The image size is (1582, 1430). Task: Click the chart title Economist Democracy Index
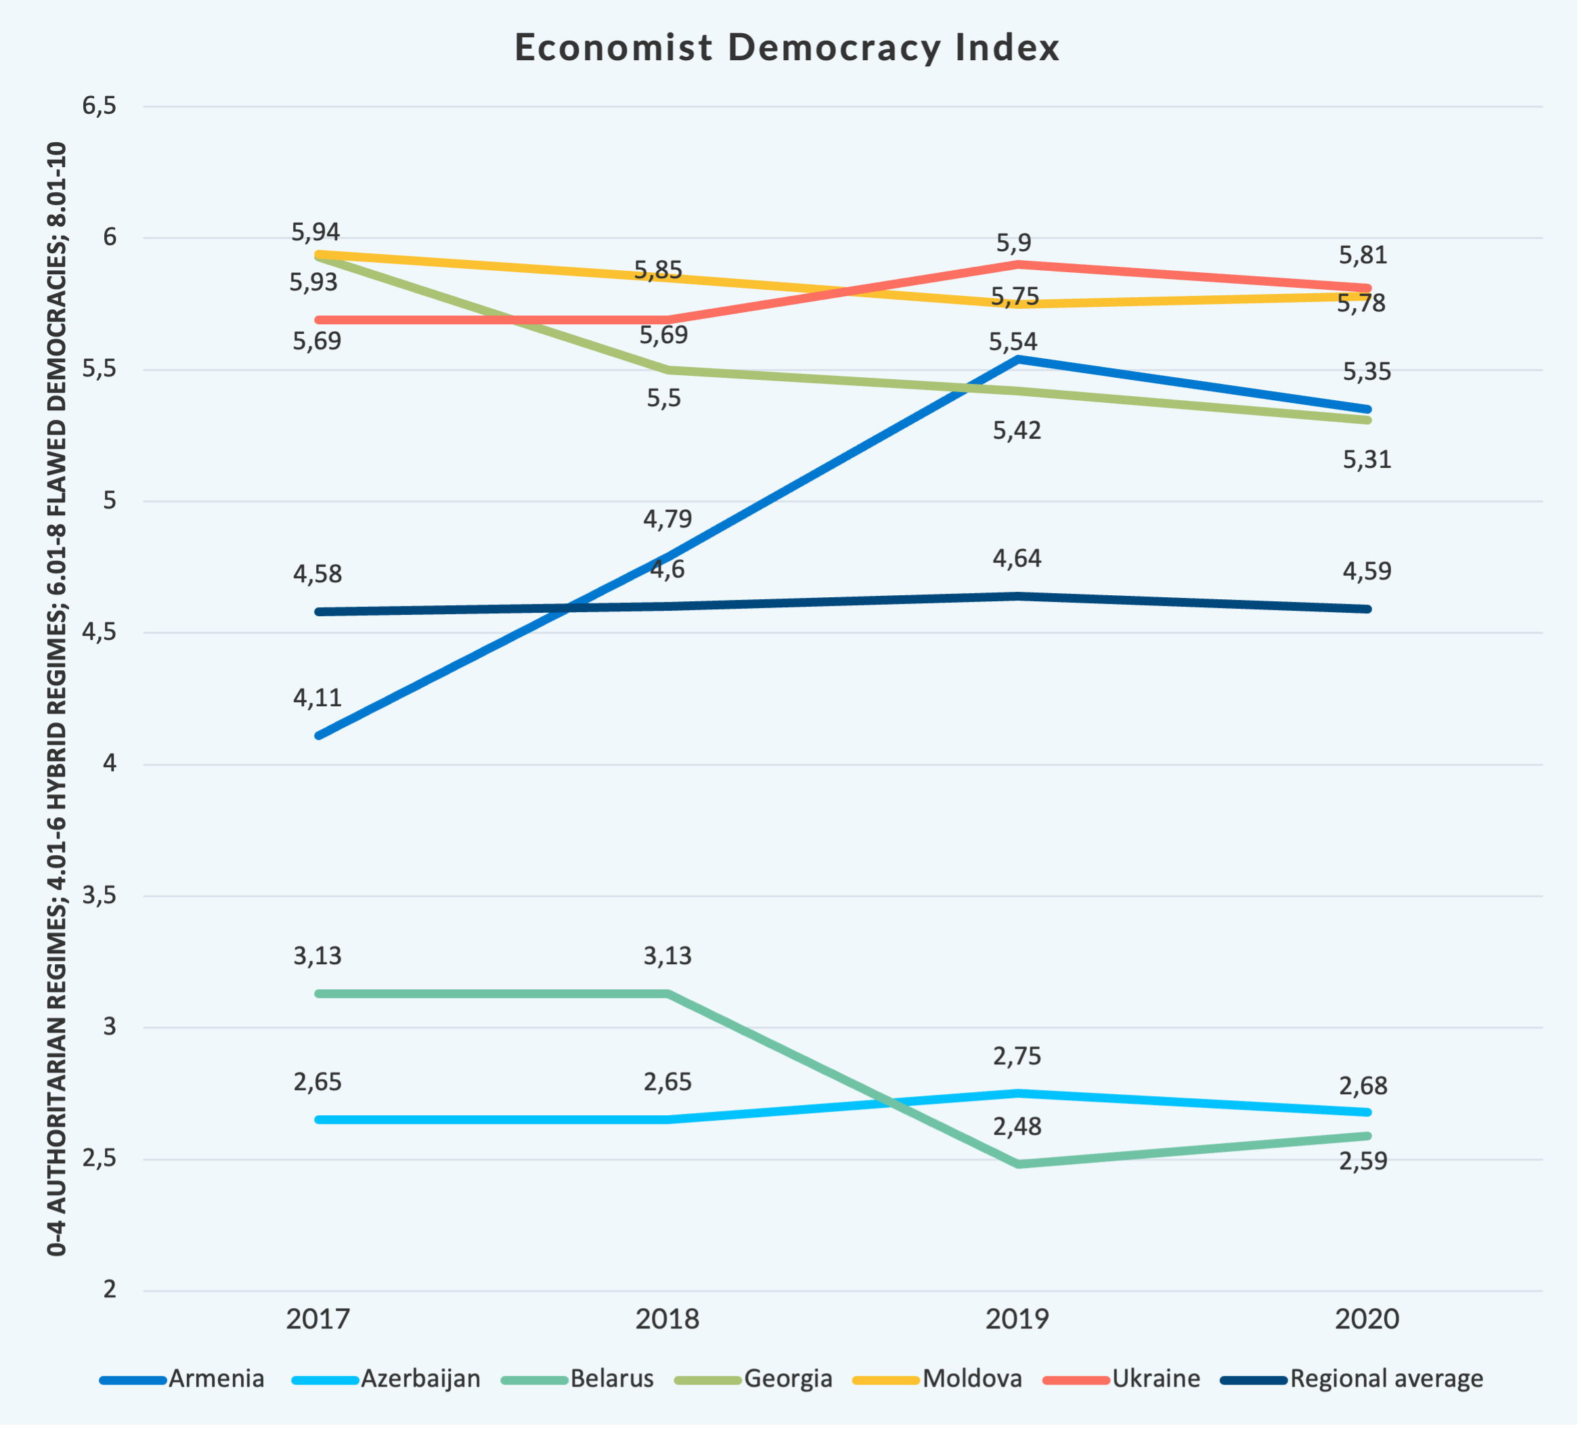coord(787,47)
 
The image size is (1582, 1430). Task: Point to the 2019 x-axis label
coord(1017,1318)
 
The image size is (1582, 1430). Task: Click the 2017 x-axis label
coord(317,1318)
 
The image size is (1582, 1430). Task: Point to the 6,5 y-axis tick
coord(100,106)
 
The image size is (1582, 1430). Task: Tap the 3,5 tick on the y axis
coord(100,896)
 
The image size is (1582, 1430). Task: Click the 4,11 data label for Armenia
coord(317,697)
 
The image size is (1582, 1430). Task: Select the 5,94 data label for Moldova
coord(315,232)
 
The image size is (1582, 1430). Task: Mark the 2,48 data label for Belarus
coord(1017,1127)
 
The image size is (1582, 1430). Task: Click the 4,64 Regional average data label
coord(1017,559)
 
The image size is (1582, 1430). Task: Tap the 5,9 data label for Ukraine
coord(1014,243)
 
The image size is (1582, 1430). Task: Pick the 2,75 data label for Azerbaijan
coord(1017,1056)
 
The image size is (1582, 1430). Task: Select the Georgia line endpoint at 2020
coord(1367,420)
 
